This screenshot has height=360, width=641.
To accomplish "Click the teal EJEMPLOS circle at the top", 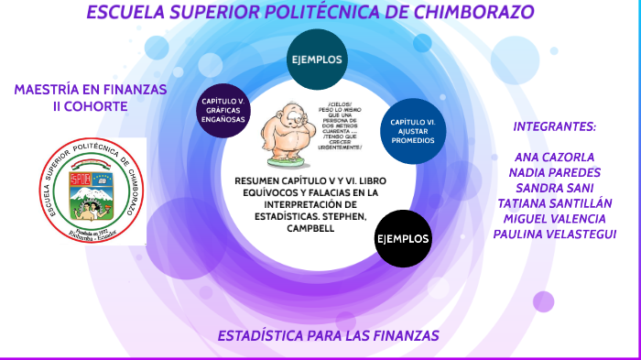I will click(317, 60).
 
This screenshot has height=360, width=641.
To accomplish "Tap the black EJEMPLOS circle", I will click(403, 238).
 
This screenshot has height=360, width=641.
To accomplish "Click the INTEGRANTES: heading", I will click(554, 126).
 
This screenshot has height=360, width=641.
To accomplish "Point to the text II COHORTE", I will click(90, 106).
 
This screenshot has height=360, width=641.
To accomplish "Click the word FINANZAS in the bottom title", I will click(399, 336).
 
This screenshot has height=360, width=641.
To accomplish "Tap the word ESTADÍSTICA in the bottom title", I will click(261, 336).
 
